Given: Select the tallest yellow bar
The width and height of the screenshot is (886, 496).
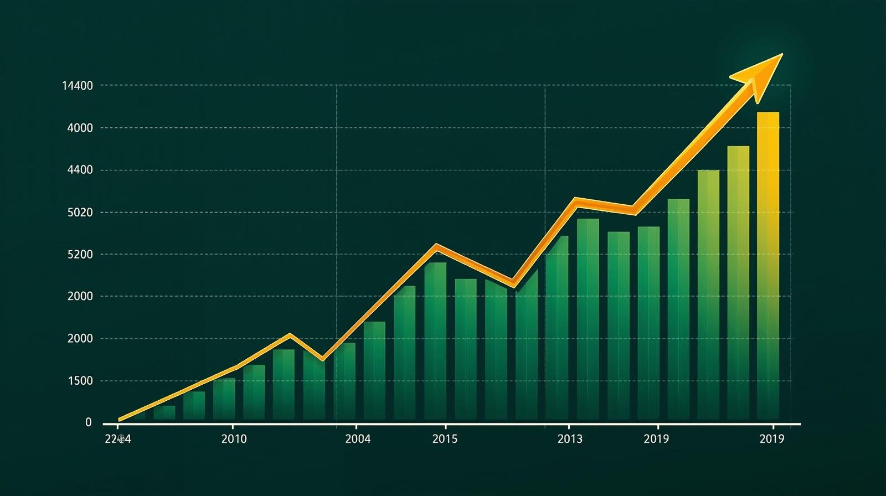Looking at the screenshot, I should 768,266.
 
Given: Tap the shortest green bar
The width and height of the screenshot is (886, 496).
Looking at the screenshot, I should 164,413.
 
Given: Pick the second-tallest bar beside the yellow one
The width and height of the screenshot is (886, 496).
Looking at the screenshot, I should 738,282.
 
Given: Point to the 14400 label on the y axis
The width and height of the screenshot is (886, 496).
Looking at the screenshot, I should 78,86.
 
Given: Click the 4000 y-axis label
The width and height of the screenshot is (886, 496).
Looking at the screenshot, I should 80,128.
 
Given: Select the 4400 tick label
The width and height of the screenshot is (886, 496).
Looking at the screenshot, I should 80,170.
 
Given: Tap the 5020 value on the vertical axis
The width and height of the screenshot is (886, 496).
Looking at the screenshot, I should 80,213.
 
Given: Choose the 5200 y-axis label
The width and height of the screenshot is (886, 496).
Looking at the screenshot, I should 80,255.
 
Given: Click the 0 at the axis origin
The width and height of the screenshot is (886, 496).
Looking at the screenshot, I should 89,422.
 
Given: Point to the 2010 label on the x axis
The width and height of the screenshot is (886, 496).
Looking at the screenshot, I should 234,439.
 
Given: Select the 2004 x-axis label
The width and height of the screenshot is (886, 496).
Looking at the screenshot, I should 358,439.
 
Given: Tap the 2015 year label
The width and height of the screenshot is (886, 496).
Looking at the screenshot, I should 445,439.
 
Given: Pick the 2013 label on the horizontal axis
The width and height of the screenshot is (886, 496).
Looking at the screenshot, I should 570,439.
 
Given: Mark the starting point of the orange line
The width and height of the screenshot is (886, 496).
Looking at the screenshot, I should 120,420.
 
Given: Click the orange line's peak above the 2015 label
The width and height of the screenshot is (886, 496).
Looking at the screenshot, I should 437,246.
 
